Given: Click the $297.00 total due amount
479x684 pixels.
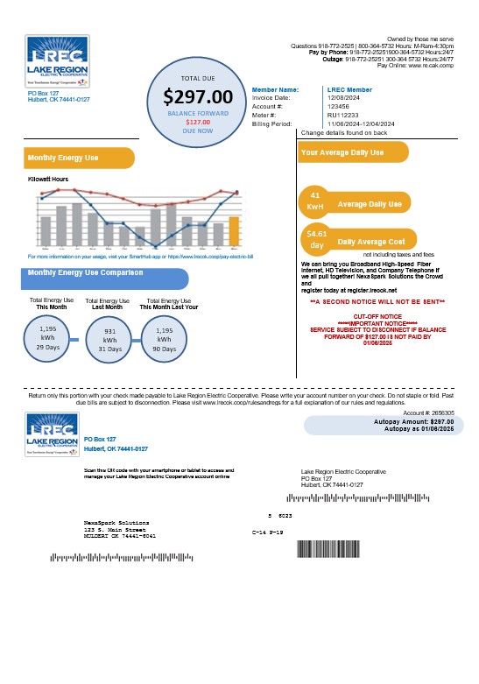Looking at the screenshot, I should point(198,96).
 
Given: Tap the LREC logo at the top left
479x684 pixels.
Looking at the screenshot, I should point(58,60).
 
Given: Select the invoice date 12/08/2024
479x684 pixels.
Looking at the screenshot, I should point(343,98).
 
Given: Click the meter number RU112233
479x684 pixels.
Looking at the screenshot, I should point(342,115).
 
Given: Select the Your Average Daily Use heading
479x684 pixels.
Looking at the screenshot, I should point(342,152).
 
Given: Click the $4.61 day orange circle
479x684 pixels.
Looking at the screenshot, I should point(314,239).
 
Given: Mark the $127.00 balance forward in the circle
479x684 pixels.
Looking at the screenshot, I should point(198,123).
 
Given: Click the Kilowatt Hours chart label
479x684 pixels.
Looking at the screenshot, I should point(48,178).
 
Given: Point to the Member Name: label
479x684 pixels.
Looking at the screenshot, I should point(275,89).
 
